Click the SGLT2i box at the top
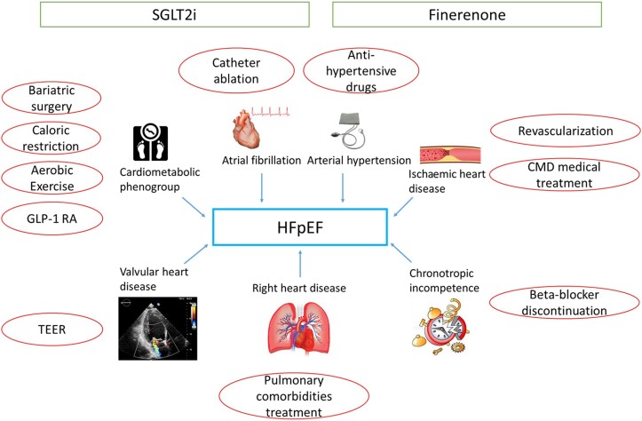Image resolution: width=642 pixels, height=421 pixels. point(174,15)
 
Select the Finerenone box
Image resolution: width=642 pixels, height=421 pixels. point(467,15)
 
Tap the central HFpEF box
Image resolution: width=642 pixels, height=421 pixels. point(300,227)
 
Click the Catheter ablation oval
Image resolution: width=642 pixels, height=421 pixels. point(236,70)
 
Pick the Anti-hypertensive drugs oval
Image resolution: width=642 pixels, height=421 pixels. point(361,70)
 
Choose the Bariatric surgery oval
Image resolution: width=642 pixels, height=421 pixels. point(52,99)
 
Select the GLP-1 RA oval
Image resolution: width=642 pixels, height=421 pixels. point(52,218)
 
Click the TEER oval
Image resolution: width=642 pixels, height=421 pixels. point(52,330)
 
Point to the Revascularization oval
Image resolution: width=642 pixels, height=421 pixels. point(566,131)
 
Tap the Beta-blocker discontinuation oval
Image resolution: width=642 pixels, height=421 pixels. point(564,302)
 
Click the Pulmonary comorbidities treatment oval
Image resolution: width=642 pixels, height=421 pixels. point(294,396)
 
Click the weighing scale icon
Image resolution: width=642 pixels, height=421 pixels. point(151,143)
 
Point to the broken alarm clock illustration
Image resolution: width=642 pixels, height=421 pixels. point(440,326)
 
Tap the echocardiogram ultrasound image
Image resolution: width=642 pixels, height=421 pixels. point(158,329)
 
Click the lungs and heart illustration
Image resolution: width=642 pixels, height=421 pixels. point(299,328)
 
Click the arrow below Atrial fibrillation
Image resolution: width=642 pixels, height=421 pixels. point(262,188)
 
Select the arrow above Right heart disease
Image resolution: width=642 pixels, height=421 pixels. point(300,264)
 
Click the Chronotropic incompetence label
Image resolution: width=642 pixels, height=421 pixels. point(444,281)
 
